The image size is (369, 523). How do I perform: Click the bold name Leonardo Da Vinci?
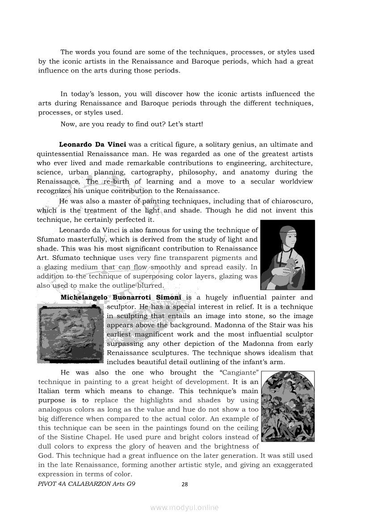pos(93,145)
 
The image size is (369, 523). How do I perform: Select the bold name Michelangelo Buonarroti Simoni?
pos(121,298)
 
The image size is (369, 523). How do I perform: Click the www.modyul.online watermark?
pos(184,507)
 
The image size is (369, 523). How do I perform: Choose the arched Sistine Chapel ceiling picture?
pos(287,406)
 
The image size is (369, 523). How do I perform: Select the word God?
pos(45,455)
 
